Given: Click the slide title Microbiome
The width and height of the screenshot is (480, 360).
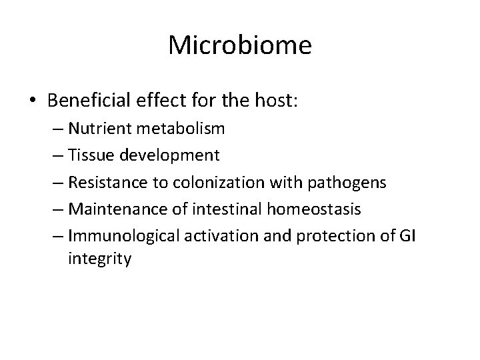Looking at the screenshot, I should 240,45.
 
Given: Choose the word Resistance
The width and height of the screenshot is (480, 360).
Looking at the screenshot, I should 101,182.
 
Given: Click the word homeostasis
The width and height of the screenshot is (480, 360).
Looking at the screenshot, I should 313,210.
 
